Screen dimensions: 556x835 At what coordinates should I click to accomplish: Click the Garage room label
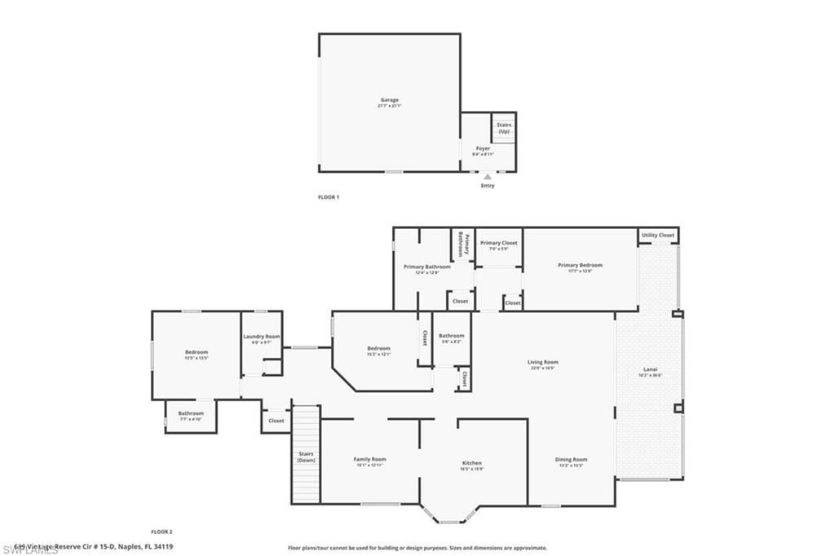[389, 100]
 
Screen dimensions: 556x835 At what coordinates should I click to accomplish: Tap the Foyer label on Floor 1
[483, 149]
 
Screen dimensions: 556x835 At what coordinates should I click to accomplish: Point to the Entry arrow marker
[487, 176]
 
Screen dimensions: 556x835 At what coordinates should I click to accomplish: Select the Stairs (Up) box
[503, 128]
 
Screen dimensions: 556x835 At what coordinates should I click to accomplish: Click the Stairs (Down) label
[306, 457]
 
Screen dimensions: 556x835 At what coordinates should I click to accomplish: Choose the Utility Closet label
[658, 235]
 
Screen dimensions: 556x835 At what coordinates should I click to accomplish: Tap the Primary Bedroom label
[580, 265]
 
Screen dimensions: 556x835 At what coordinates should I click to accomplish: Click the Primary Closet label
[498, 243]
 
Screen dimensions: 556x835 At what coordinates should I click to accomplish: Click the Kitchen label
[472, 463]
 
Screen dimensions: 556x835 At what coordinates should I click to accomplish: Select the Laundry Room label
[261, 337]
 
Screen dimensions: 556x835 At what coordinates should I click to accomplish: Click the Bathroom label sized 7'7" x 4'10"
[191, 413]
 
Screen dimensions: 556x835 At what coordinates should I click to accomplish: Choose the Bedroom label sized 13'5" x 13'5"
[197, 352]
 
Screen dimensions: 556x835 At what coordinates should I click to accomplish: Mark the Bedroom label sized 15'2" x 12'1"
[378, 349]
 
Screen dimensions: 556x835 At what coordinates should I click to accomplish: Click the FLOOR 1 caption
[328, 197]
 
